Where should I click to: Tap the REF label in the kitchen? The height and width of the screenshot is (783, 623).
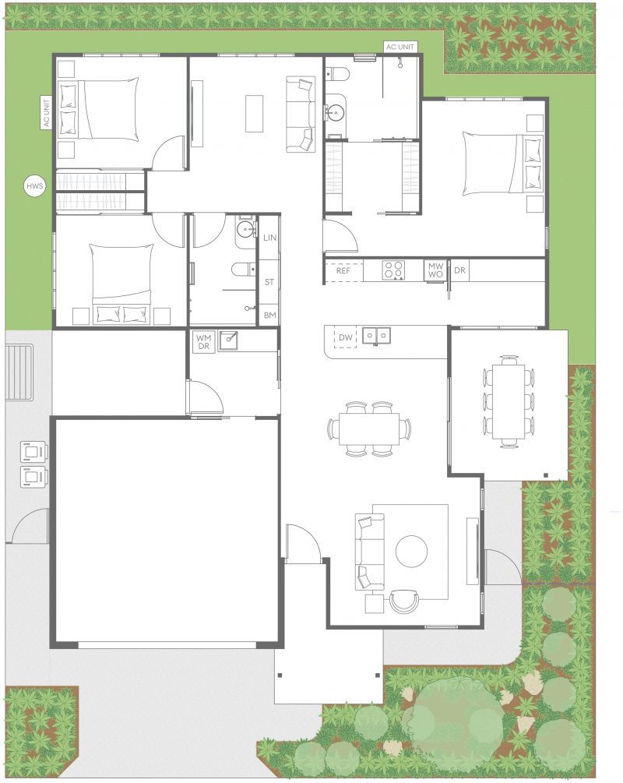[x=343, y=270]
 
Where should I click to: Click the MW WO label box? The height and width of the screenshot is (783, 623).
[x=435, y=270]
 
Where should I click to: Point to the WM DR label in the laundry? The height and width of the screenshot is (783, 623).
[x=204, y=341]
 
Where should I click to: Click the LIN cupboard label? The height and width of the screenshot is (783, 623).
[x=269, y=238]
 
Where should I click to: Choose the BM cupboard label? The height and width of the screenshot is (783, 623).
[x=269, y=315]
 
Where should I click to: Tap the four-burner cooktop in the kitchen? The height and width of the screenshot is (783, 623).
[x=393, y=270]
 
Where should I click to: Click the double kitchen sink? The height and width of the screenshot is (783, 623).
[x=378, y=336]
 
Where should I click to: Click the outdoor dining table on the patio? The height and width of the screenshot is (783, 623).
[x=509, y=401]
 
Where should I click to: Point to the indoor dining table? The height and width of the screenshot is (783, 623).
[x=369, y=429]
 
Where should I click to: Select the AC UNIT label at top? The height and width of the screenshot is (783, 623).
[x=401, y=48]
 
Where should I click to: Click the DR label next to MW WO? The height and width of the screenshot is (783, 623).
[x=459, y=270]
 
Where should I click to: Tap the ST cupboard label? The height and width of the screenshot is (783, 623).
[x=269, y=282]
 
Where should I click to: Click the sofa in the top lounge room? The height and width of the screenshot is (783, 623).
[x=301, y=115]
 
